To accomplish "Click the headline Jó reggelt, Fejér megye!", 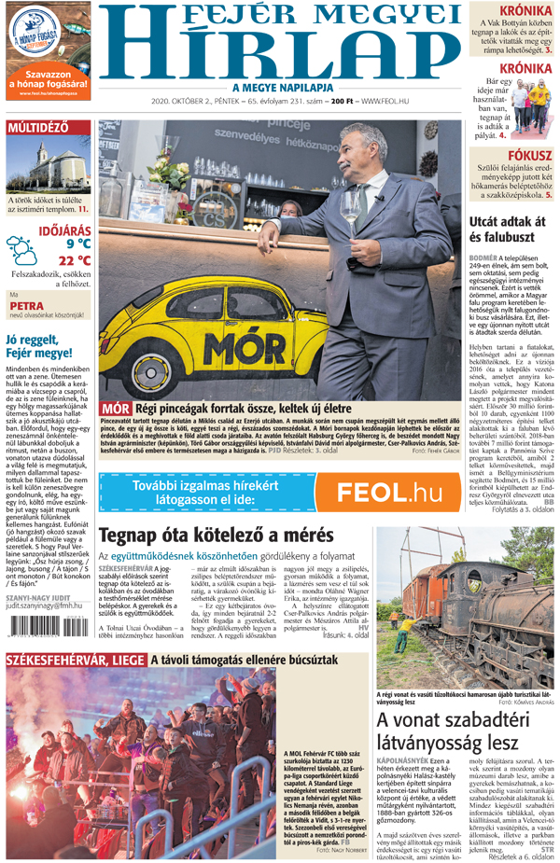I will tap(39, 346).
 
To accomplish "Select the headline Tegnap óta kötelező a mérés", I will tap(216, 536).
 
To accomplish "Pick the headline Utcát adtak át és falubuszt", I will tap(507, 230).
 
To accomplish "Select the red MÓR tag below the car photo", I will tap(116, 408).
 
